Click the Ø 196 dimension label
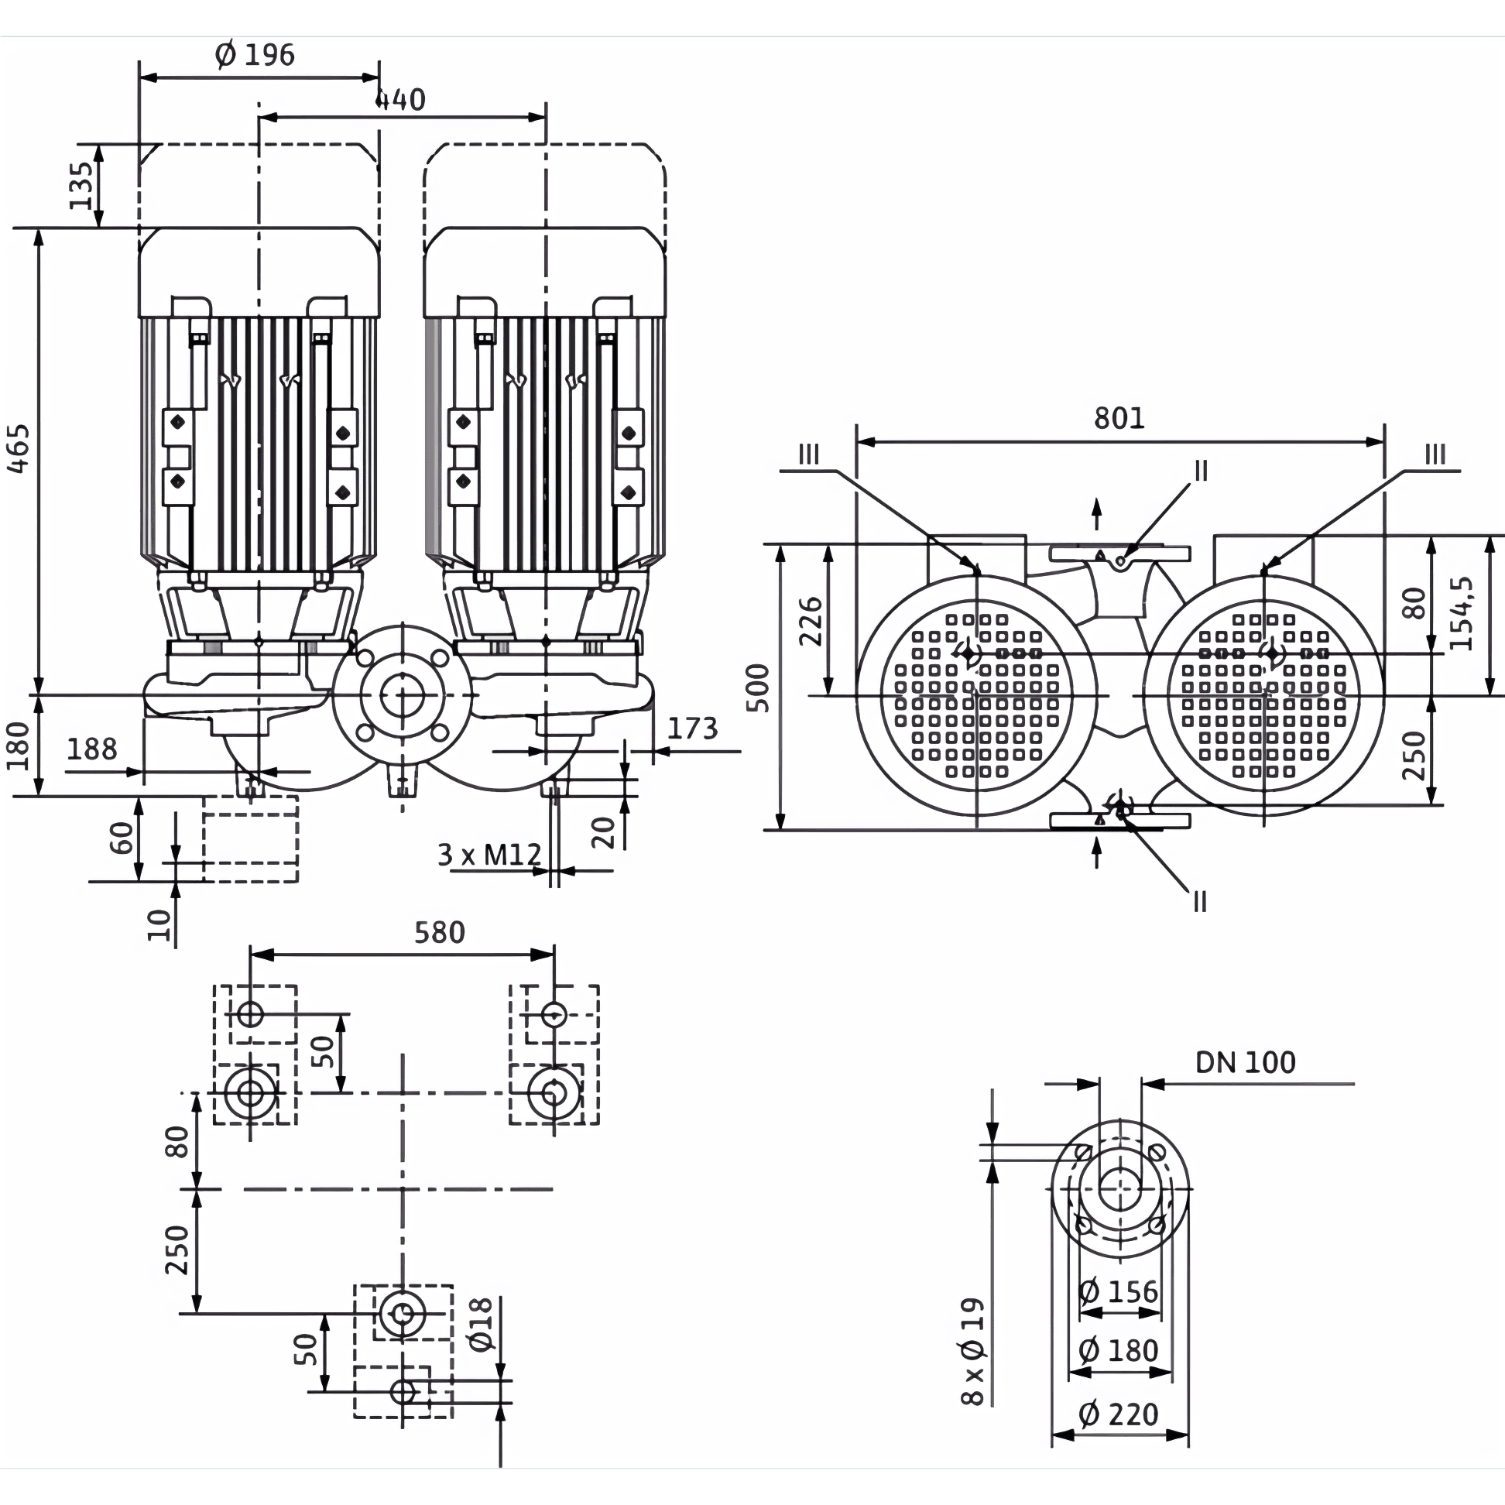[255, 54]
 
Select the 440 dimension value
[400, 100]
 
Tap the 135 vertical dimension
[82, 185]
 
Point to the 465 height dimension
[18, 448]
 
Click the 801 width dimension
[1119, 418]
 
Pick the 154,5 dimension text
[1462, 613]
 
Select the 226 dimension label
[811, 621]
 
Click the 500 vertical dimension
[757, 687]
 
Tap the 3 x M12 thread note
[489, 855]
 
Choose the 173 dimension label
[693, 729]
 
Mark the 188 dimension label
[92, 749]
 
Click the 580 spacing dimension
[440, 931]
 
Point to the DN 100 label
[1246, 1061]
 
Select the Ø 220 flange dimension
[1119, 1414]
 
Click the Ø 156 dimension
[1119, 1291]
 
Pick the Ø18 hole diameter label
[482, 1325]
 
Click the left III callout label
[809, 454]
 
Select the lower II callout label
[1200, 902]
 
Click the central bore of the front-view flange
[402, 694]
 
